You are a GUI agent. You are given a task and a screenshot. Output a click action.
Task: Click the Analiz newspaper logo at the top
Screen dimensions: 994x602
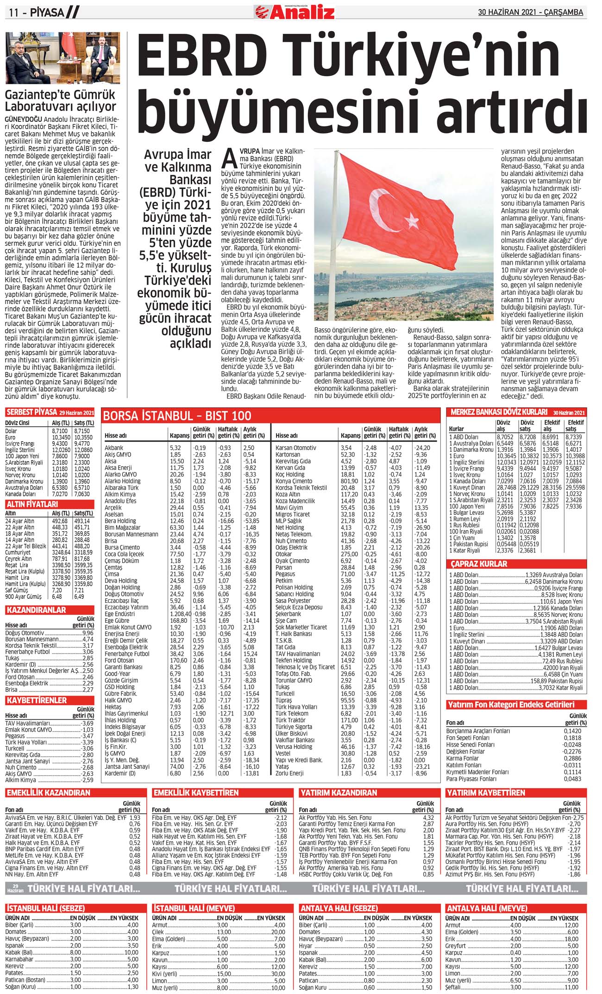point(295,12)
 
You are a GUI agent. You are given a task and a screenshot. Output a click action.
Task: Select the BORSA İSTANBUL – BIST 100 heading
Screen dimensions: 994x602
point(177,416)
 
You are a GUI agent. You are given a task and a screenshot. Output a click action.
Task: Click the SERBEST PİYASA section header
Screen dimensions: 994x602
point(31,412)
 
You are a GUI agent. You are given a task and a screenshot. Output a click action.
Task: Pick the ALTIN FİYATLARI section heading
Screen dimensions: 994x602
point(32,504)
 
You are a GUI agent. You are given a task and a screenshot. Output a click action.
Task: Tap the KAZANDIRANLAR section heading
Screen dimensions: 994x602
point(36,610)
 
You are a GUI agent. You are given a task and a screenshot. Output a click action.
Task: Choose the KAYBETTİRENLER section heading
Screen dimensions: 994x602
point(37,700)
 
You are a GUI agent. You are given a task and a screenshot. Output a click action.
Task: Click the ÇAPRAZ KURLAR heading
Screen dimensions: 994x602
point(479,564)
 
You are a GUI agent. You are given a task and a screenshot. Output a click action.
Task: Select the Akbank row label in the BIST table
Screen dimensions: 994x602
point(114,448)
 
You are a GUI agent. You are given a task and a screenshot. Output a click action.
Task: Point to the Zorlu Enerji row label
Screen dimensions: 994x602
point(289,773)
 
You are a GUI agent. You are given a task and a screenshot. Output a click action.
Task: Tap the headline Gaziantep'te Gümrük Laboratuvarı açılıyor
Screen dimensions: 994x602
point(60,101)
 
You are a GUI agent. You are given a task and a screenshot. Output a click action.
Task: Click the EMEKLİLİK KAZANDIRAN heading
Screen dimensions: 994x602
point(48,792)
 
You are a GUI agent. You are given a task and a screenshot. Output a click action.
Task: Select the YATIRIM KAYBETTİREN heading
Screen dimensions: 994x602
point(486,792)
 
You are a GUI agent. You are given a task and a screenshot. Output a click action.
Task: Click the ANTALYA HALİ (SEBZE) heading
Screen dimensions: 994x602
point(339,908)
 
